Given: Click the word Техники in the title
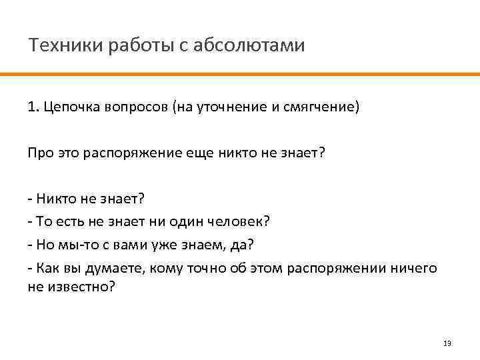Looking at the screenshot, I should (x=59, y=46).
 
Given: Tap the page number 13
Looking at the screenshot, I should (x=447, y=343).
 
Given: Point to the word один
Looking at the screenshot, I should (x=195, y=221).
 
